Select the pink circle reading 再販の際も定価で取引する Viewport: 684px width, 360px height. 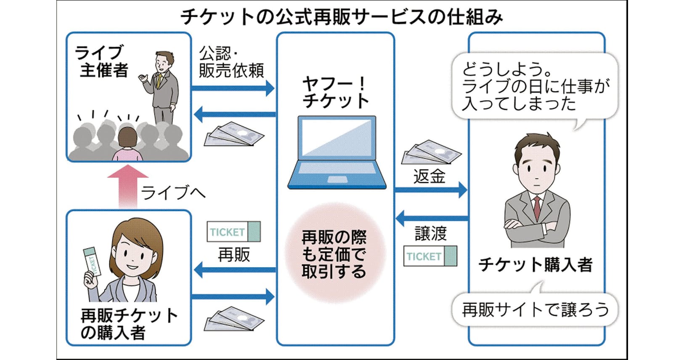coord(335,254)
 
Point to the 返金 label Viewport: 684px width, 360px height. coord(429,176)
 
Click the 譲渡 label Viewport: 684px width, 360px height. coord(430,233)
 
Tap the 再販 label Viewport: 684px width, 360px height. coord(234,254)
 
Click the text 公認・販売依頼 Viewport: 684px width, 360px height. coord(231,62)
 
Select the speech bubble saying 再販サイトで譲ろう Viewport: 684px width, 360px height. coord(535,310)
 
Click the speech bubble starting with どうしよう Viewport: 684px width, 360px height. coord(535,86)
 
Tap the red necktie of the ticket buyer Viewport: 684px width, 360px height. coord(537,208)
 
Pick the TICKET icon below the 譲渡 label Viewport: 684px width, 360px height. coord(430,256)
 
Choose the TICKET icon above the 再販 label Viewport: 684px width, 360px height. coord(233,232)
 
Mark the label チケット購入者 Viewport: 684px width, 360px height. coord(535,265)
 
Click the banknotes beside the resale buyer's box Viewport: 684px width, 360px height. coord(233,320)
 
